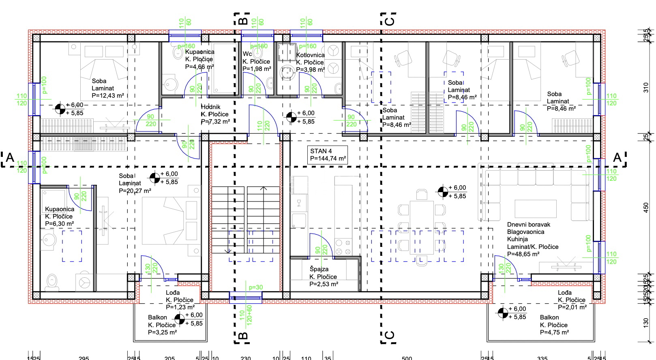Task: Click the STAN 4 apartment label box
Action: coord(328,154)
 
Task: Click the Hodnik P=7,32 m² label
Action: coord(215,114)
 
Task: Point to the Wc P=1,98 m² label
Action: coord(256,61)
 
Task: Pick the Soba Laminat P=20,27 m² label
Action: coord(135,183)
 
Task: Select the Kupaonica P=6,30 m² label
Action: coord(60,216)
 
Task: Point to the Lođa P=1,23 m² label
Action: coord(180,300)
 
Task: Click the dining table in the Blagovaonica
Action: coord(422,227)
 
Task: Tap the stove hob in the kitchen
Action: coord(343,247)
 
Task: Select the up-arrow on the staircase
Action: coord(264,189)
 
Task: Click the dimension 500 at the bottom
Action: coord(407,358)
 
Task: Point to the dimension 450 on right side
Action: coord(646,207)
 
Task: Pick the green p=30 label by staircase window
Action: coord(256,287)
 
